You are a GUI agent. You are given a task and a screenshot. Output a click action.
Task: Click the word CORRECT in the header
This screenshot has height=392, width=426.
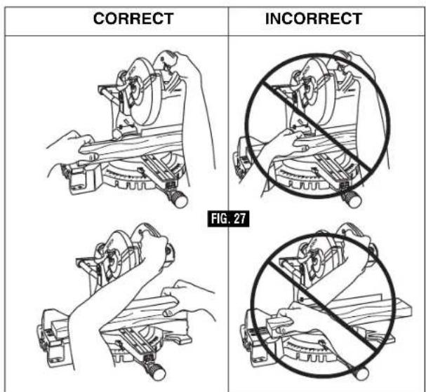133,18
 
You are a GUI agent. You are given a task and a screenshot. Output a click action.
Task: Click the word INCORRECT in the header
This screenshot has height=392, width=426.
313,18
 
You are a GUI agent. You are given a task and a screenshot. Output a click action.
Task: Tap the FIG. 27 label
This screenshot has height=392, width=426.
228,219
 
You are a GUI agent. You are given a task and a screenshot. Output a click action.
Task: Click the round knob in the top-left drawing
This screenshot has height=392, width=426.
179,200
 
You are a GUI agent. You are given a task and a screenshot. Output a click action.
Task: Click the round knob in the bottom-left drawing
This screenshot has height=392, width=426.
157,372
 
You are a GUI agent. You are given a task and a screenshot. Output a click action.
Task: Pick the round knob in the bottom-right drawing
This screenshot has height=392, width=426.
361,373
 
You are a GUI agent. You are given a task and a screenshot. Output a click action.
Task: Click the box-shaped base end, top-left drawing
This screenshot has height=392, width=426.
81,178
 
